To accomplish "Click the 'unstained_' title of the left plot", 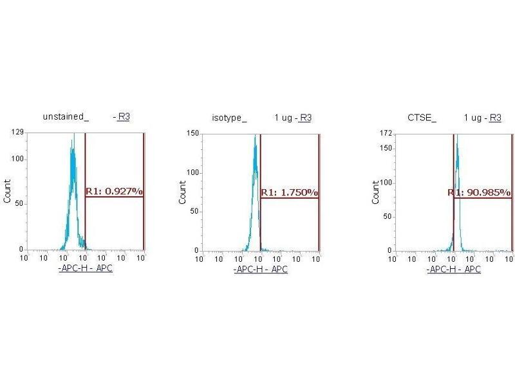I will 65,116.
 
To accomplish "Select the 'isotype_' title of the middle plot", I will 229,118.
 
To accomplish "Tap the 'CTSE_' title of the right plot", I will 422,118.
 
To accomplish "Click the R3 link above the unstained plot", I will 124,116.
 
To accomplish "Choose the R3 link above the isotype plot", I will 306,118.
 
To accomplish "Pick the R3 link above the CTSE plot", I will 495,118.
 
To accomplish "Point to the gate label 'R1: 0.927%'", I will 114,191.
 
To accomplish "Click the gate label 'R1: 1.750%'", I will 290,192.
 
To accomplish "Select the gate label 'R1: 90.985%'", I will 480,192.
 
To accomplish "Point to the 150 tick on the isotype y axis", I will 191,133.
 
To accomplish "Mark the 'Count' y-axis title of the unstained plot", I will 8,191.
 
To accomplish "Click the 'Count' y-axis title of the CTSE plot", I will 375,192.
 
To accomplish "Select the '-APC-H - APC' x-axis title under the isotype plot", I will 261,269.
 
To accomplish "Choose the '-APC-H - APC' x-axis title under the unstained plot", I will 85,268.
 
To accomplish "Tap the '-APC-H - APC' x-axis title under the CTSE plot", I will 453,269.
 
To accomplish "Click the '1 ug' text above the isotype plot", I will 283,118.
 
